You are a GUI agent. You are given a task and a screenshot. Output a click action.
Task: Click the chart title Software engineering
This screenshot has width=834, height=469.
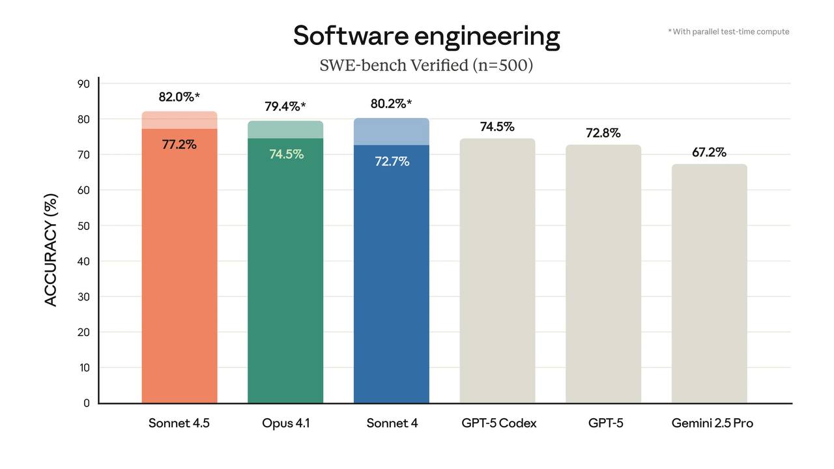click(x=426, y=36)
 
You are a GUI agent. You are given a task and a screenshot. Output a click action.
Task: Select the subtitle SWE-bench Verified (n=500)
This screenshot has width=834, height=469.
click(x=426, y=65)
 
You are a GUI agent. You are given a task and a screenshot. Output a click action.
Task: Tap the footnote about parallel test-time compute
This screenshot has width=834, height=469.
click(x=728, y=31)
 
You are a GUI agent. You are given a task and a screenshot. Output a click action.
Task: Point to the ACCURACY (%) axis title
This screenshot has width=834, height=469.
click(x=51, y=249)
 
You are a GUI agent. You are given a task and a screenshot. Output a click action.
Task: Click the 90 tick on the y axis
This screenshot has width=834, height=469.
click(x=83, y=83)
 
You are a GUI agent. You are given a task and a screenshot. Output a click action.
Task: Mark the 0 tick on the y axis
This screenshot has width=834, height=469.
click(x=86, y=403)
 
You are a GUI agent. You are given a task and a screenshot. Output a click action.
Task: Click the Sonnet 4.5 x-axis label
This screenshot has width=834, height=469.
click(x=179, y=423)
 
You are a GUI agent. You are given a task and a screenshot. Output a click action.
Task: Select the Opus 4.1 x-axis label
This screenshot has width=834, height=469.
click(x=285, y=423)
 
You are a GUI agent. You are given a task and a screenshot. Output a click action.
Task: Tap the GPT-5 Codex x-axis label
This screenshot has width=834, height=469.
click(x=498, y=423)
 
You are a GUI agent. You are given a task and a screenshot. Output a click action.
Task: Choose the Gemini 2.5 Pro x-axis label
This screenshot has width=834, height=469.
click(x=712, y=423)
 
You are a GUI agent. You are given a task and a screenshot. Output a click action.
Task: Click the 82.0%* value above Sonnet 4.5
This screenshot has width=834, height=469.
click(x=179, y=97)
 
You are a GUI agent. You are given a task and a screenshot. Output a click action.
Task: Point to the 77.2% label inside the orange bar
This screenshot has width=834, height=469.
click(x=179, y=145)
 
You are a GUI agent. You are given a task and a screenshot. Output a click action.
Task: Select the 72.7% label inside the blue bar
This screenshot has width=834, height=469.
click(x=392, y=162)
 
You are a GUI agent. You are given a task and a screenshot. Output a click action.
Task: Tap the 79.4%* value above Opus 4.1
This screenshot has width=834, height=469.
click(x=285, y=106)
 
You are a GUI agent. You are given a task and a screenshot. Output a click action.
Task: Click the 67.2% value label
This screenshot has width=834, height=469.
click(x=709, y=152)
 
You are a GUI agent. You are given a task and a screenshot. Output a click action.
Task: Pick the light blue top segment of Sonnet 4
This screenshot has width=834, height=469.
click(x=392, y=132)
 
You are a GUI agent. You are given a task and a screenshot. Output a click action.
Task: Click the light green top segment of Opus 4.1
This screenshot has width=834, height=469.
click(x=285, y=130)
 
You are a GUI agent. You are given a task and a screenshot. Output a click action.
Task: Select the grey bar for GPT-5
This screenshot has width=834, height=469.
click(x=603, y=274)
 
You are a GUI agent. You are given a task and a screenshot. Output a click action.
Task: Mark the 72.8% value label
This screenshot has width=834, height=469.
click(x=603, y=133)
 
